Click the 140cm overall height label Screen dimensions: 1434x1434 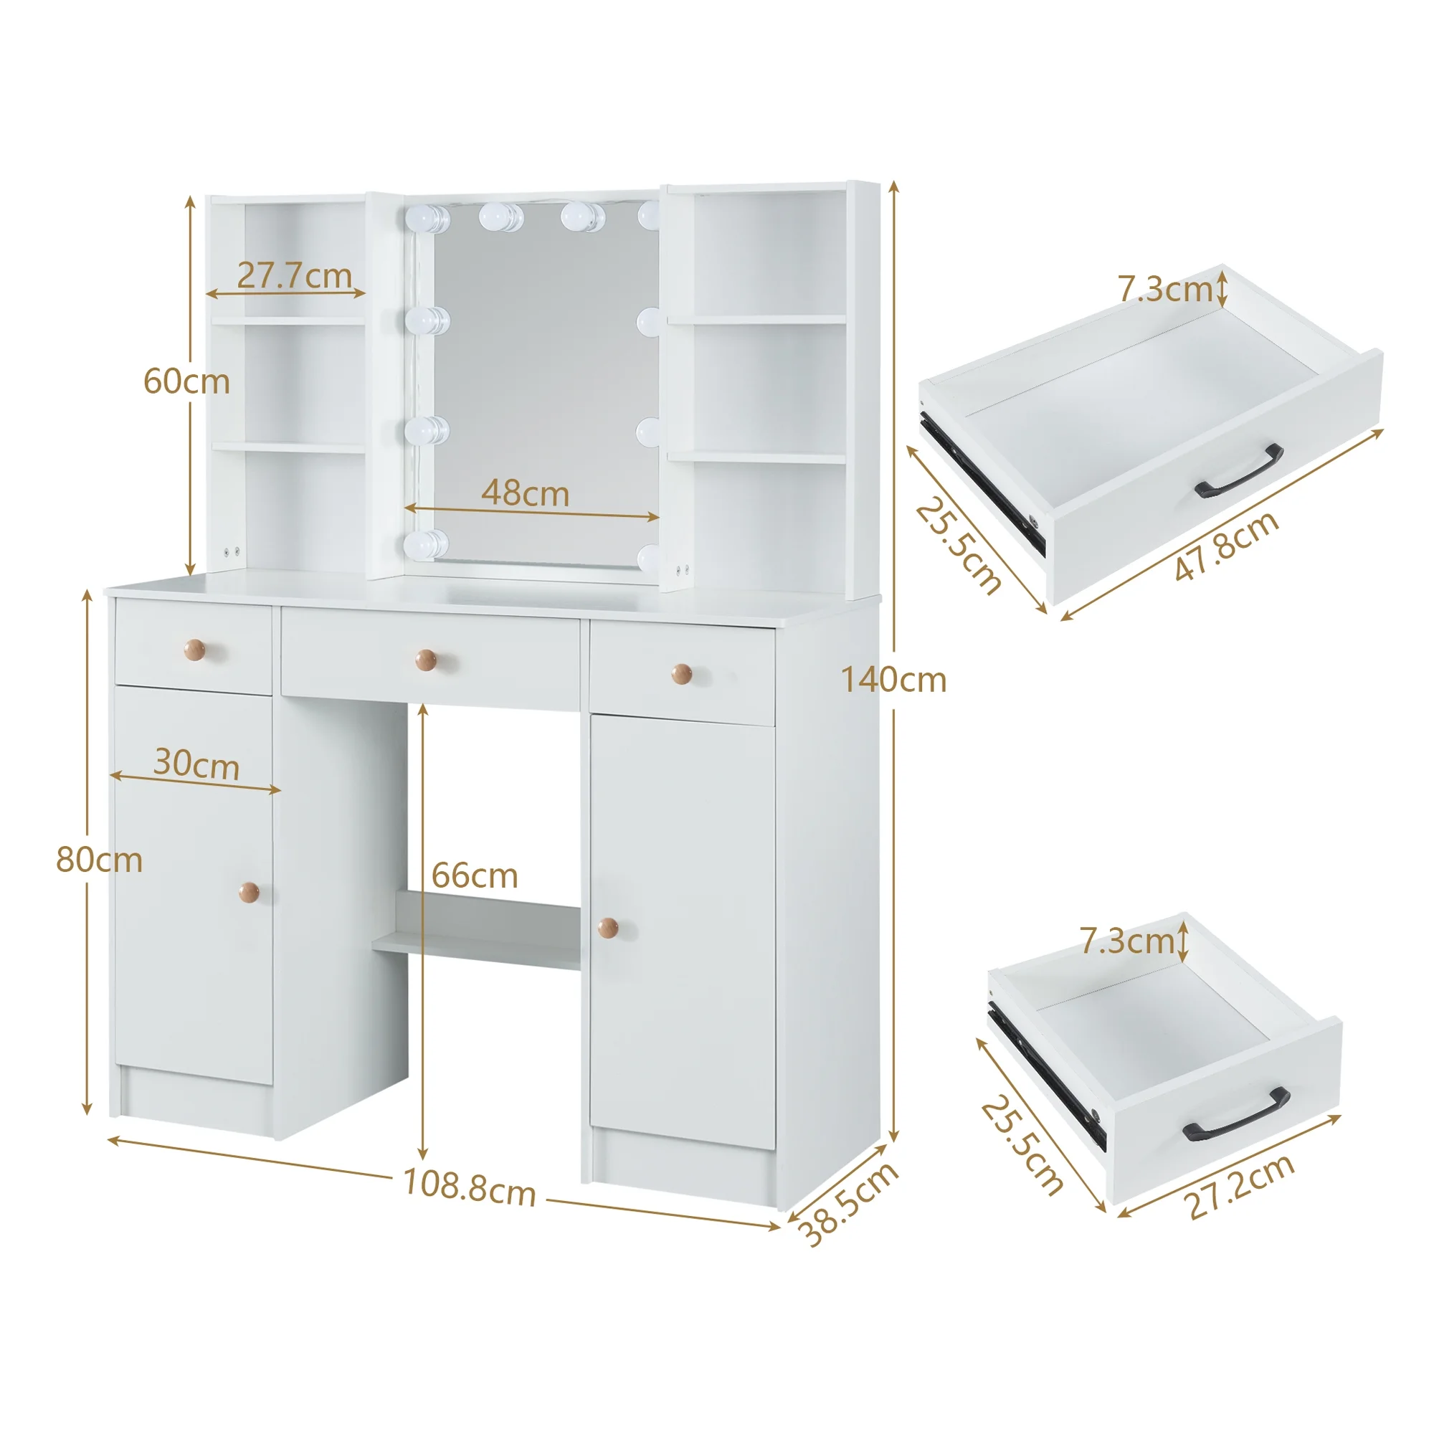(x=893, y=680)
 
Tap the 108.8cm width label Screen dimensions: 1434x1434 (x=469, y=1187)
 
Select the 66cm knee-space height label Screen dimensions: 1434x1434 (x=474, y=877)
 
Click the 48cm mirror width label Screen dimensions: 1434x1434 (x=525, y=493)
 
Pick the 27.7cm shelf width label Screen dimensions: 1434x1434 (x=294, y=276)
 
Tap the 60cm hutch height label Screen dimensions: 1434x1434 (x=186, y=381)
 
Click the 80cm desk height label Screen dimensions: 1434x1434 (x=99, y=860)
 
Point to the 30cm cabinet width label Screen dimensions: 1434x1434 (x=196, y=764)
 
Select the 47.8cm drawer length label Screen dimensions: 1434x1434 (x=1227, y=546)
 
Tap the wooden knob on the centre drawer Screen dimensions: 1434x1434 (x=425, y=659)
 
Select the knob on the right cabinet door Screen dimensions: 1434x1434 (x=608, y=926)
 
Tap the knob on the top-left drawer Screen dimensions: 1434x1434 (x=195, y=649)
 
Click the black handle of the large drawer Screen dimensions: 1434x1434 (x=1239, y=471)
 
